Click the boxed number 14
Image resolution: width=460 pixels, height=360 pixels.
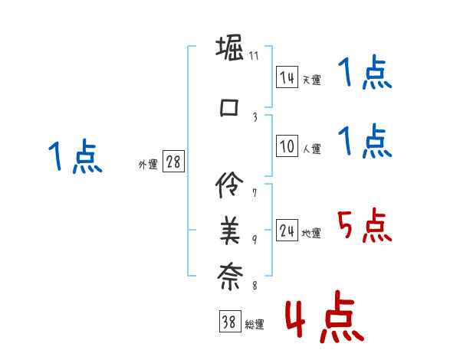coord(287,77)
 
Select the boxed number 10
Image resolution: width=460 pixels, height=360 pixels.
coord(287,146)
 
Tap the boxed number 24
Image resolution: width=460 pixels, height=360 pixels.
coord(287,231)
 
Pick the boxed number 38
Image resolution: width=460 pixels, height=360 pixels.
coord(229,322)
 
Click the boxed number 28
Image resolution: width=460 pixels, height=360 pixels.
coord(172,162)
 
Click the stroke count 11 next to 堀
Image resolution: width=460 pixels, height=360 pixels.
coord(254,55)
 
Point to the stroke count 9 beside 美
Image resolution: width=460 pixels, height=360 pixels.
coord(255,240)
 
